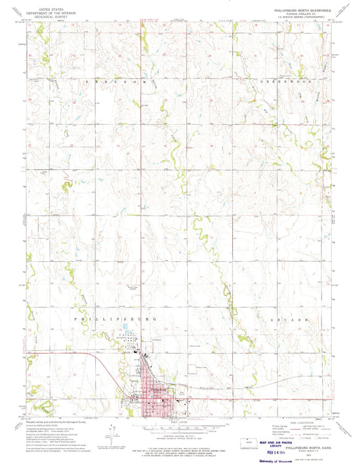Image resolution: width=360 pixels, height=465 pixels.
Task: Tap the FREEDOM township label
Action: point(111,80)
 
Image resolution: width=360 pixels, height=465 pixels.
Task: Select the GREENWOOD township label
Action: point(280,80)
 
